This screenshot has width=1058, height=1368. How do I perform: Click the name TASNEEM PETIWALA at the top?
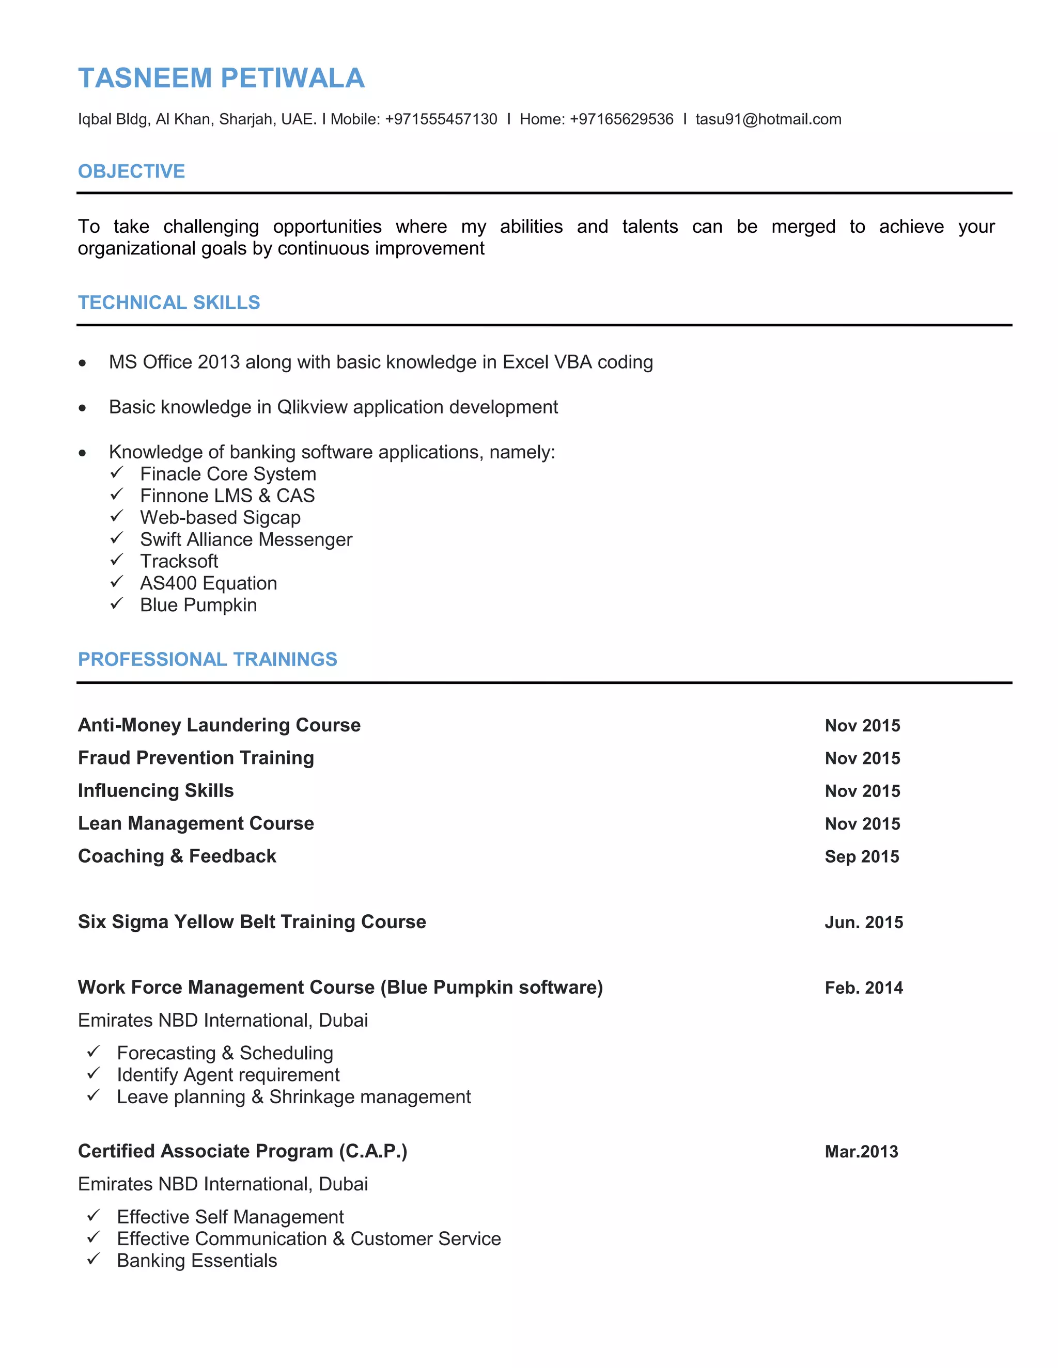pos(221,78)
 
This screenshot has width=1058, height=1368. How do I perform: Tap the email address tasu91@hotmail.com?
pos(768,119)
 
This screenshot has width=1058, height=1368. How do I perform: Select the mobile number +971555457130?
pos(441,119)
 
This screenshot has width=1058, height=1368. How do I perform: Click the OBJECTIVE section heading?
pos(131,171)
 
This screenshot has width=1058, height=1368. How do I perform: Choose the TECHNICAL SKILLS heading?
pos(168,303)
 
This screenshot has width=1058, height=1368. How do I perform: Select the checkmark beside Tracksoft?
pos(117,560)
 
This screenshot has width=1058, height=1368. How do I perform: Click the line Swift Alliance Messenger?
pos(246,539)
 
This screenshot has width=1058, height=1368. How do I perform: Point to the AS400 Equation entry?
pos(208,583)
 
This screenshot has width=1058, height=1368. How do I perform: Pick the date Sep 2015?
pos(861,856)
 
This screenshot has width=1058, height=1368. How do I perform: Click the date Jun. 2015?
pos(863,922)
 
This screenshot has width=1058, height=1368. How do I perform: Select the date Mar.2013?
pos(861,1151)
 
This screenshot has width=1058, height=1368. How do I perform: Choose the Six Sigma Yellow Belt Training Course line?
pos(252,921)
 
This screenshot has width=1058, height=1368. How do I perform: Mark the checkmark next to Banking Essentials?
pos(94,1259)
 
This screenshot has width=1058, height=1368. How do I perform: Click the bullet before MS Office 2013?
pos(82,363)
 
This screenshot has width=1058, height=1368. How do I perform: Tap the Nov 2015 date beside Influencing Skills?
pos(862,790)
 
